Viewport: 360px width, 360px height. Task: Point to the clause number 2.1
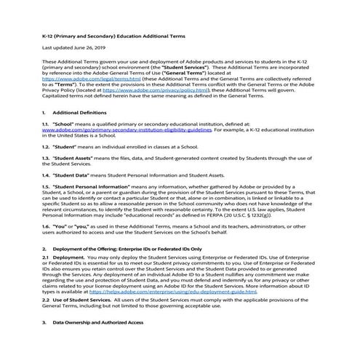tap(46, 258)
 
